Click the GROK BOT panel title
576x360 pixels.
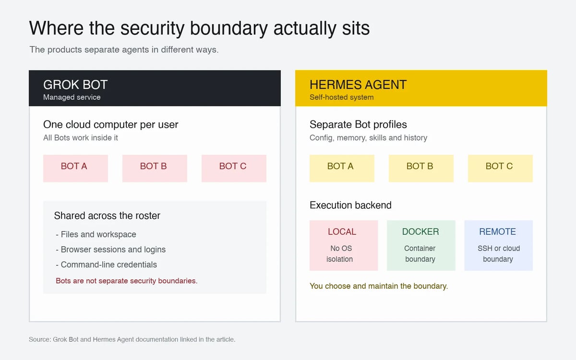75,84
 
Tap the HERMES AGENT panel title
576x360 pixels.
358,84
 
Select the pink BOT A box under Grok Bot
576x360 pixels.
76,168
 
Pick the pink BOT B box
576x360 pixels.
155,168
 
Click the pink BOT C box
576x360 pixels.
234,168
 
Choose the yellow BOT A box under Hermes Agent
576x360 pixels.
342,168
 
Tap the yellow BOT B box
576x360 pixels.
421,168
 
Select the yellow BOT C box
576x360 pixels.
500,168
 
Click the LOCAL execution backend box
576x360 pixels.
344,245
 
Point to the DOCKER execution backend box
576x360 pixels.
421,245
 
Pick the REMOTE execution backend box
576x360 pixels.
499,245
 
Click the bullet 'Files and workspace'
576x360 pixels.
96,235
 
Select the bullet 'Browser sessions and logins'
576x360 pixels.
110,250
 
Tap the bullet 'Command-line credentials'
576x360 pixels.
106,264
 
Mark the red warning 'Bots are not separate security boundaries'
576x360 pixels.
127,281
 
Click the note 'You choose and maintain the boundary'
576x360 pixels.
379,286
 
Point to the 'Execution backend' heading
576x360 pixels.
350,205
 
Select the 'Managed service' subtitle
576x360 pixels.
72,97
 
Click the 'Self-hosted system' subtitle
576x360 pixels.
341,97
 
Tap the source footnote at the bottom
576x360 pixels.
132,339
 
